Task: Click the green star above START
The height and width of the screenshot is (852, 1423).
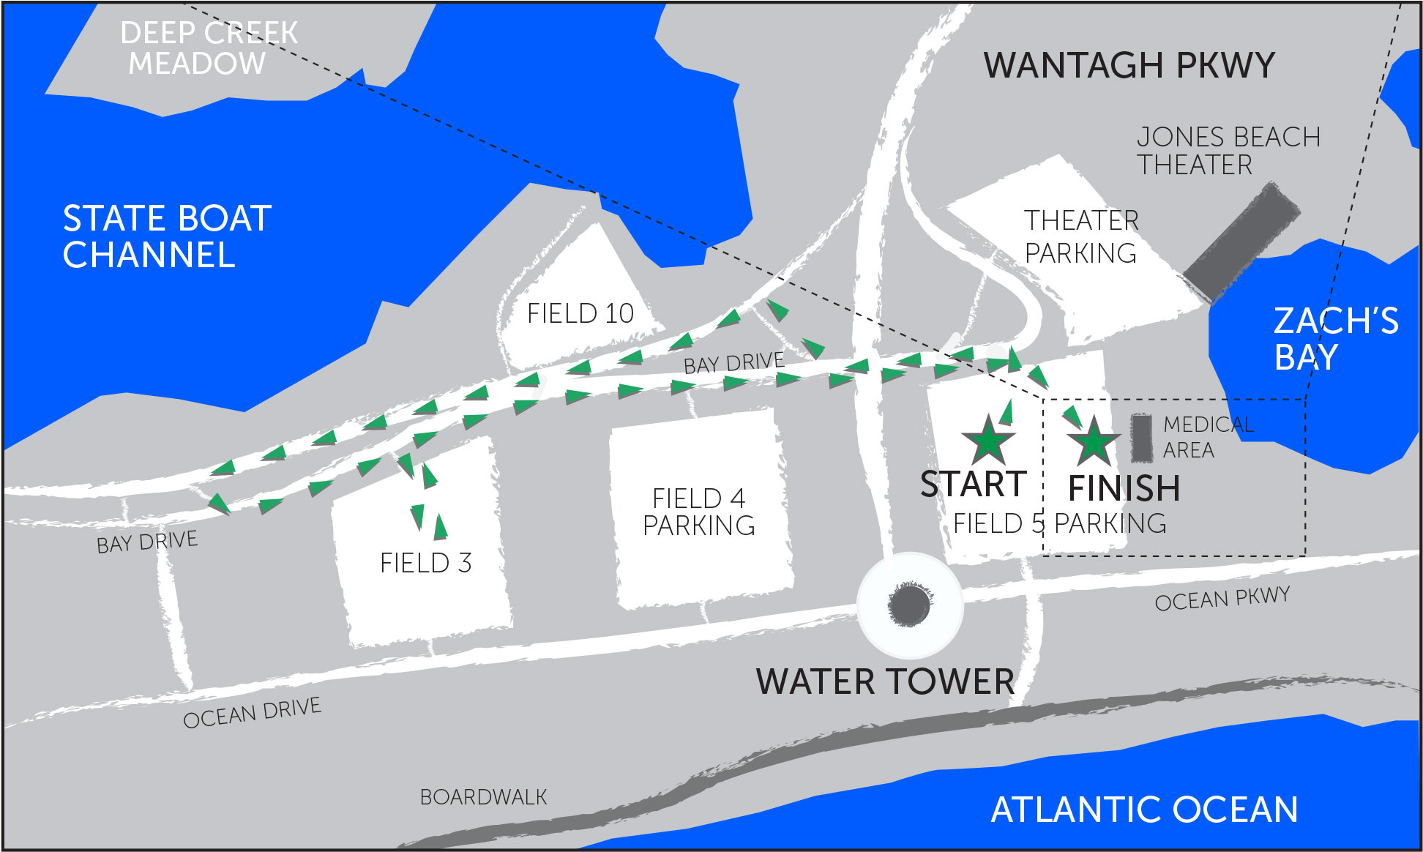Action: (x=988, y=441)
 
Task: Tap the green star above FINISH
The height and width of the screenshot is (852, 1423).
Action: (x=1094, y=442)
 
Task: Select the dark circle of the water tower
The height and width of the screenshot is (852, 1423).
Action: (x=910, y=605)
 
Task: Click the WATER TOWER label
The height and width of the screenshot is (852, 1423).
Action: (x=885, y=681)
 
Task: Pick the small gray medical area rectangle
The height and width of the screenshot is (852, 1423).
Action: (x=1140, y=438)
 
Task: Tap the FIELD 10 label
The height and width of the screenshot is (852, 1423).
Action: (x=580, y=313)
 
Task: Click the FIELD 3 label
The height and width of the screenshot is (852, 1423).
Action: (x=425, y=563)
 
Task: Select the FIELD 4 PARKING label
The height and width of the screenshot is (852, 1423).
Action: (x=699, y=512)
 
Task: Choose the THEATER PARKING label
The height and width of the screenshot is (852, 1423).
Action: (x=1081, y=236)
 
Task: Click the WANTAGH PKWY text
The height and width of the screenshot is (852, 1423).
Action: (x=1129, y=65)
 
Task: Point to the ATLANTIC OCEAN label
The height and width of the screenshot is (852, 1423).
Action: (x=1144, y=810)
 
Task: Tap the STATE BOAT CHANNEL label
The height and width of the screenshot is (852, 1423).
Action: (x=167, y=236)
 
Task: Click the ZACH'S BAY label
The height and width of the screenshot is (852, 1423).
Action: (x=1335, y=339)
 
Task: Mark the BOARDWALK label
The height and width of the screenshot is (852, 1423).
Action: (x=483, y=797)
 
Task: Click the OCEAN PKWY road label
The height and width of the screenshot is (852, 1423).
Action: (x=1222, y=599)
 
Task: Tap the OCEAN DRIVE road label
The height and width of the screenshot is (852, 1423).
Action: (x=252, y=713)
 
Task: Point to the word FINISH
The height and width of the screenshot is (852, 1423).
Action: (x=1124, y=488)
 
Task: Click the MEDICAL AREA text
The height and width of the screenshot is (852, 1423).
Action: (x=1207, y=437)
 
